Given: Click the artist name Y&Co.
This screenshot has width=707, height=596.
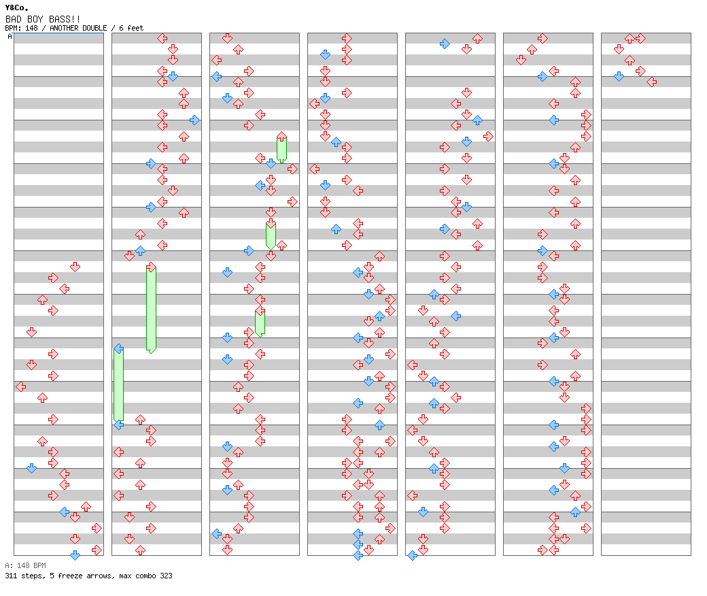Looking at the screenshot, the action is click(16, 7).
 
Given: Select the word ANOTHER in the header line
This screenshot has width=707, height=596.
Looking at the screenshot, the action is click(65, 28).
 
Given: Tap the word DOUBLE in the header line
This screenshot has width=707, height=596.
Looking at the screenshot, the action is click(94, 28).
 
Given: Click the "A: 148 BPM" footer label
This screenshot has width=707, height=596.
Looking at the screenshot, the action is click(25, 565).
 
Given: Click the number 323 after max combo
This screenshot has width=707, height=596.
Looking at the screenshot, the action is click(166, 576).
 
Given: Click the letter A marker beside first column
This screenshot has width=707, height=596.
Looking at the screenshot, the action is click(10, 36).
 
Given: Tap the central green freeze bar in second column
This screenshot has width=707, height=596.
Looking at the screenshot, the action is click(151, 309).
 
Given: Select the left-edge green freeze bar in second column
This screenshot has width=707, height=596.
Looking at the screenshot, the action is click(118, 385).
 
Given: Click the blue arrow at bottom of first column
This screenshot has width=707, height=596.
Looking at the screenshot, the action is click(75, 555).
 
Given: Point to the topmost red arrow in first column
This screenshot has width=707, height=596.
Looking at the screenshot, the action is click(75, 267).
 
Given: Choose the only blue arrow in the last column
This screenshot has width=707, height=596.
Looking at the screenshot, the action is click(619, 76).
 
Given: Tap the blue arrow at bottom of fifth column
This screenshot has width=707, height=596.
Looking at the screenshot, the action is click(412, 555).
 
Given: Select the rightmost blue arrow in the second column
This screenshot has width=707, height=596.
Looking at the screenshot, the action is click(195, 120).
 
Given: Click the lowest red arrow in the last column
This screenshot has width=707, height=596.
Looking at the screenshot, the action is click(651, 82).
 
